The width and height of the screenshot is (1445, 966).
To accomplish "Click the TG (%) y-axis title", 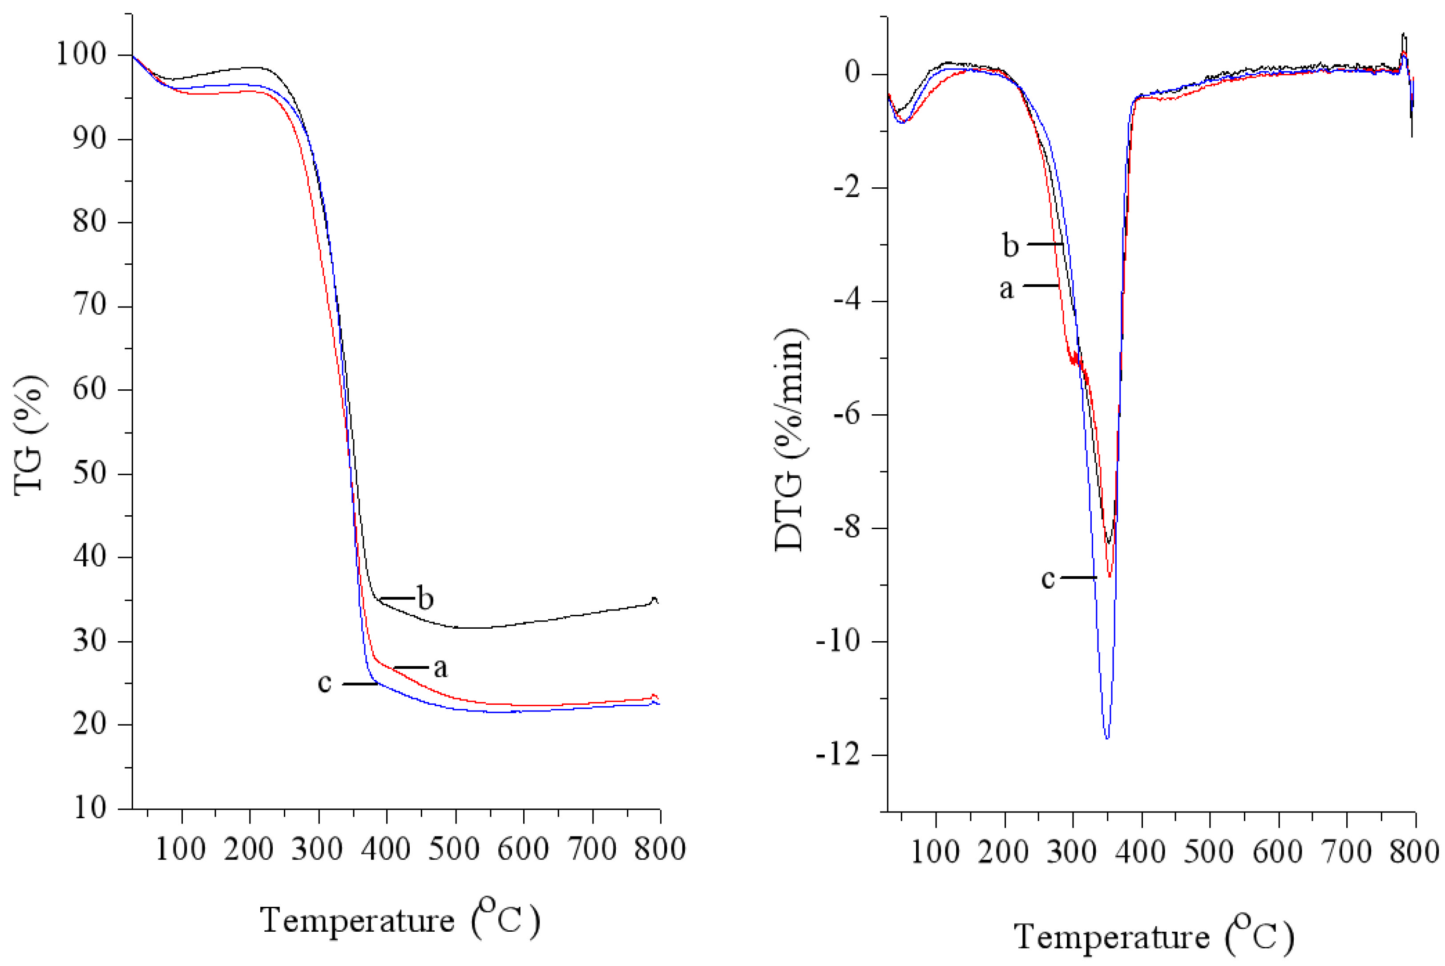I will (x=29, y=434).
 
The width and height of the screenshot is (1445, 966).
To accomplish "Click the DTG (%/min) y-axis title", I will (x=790, y=439).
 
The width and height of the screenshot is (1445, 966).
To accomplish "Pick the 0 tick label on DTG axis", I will (x=852, y=73).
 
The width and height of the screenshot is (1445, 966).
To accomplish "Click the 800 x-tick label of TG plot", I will (x=660, y=849).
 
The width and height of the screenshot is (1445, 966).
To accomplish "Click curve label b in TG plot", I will (x=425, y=598).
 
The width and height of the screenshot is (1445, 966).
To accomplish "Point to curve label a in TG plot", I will (x=440, y=667).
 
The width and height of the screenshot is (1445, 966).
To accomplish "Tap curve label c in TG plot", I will (x=325, y=683).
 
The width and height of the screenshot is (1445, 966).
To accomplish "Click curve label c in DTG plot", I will (x=1048, y=578).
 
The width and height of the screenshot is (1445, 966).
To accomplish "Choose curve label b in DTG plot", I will (x=1010, y=245).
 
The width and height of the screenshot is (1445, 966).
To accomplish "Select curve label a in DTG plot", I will (x=1006, y=288).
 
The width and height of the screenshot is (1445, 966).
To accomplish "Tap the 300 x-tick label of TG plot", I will (x=317, y=849).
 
